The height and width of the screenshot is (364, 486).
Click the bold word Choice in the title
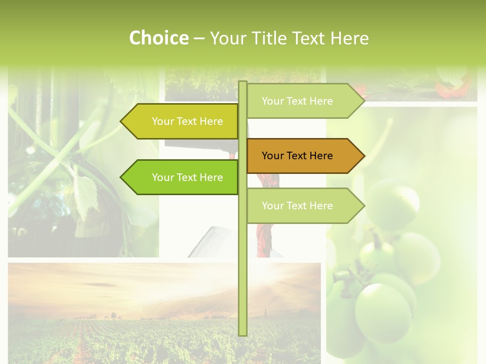[158, 38]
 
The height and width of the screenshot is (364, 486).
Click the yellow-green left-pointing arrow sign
[182, 121]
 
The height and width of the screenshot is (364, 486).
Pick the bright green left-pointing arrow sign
[182, 177]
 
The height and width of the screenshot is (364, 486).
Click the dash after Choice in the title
[199, 38]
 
